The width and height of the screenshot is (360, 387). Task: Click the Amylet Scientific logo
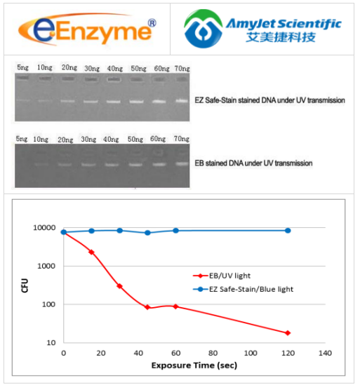point(262,29)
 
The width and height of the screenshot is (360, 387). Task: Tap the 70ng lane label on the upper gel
point(181,68)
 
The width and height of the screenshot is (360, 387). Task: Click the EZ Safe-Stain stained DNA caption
point(269,100)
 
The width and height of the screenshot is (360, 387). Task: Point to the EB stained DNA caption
point(253,163)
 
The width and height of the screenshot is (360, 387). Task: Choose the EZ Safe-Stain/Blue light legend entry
point(242,288)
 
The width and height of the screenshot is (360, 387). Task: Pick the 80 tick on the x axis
point(211,353)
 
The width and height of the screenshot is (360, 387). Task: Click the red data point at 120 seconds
point(288,332)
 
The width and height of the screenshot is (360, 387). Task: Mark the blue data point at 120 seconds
point(288,231)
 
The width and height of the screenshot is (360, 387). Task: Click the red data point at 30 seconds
point(119,286)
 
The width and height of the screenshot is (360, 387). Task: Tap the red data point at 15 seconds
point(91,252)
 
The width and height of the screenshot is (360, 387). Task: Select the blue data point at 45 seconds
point(147,233)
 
